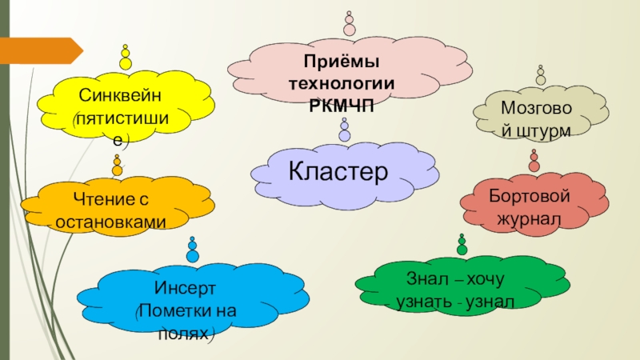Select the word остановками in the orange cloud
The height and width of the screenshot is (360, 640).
coord(111,222)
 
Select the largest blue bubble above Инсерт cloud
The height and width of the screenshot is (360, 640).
coord(192,256)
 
